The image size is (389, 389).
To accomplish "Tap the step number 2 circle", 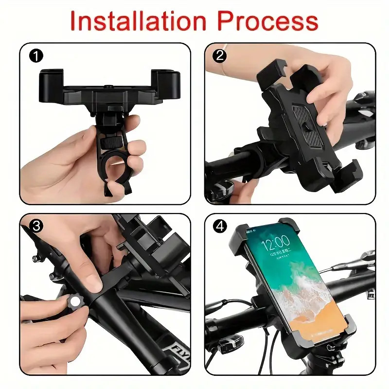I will (220, 56).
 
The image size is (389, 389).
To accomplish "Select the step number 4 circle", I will (220, 227).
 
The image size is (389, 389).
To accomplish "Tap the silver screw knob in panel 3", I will (74, 302).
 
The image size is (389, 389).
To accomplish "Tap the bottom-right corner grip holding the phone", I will (343, 331).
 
